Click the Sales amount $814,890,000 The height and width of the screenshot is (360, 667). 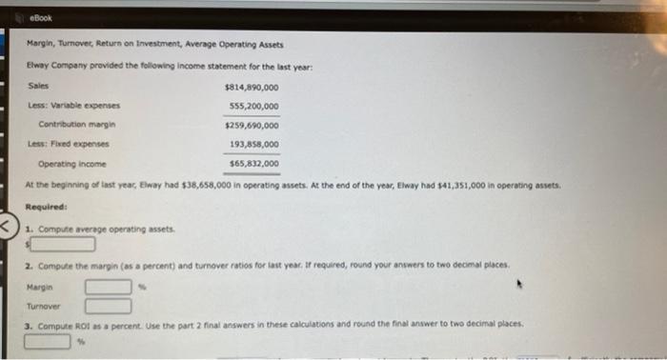tap(252, 87)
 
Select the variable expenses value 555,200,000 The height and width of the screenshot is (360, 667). tap(253, 106)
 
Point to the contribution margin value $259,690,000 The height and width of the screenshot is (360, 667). tap(252, 125)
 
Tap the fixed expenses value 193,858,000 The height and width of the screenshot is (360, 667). tap(253, 144)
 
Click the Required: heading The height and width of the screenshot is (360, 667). tap(44, 203)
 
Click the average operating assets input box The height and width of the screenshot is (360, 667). tap(61, 243)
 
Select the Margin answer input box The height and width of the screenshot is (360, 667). tap(108, 286)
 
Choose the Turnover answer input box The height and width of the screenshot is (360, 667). tap(108, 306)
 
